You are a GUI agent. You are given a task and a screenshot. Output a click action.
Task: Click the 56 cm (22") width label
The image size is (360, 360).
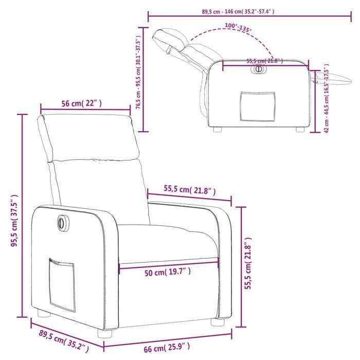(x=82, y=103)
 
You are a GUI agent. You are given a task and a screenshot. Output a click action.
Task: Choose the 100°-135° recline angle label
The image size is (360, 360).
(x=238, y=28)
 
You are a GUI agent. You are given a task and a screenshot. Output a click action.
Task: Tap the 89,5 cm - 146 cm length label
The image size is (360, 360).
(x=238, y=11)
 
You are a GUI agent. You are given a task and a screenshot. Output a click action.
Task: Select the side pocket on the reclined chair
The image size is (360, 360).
(x=258, y=107)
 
